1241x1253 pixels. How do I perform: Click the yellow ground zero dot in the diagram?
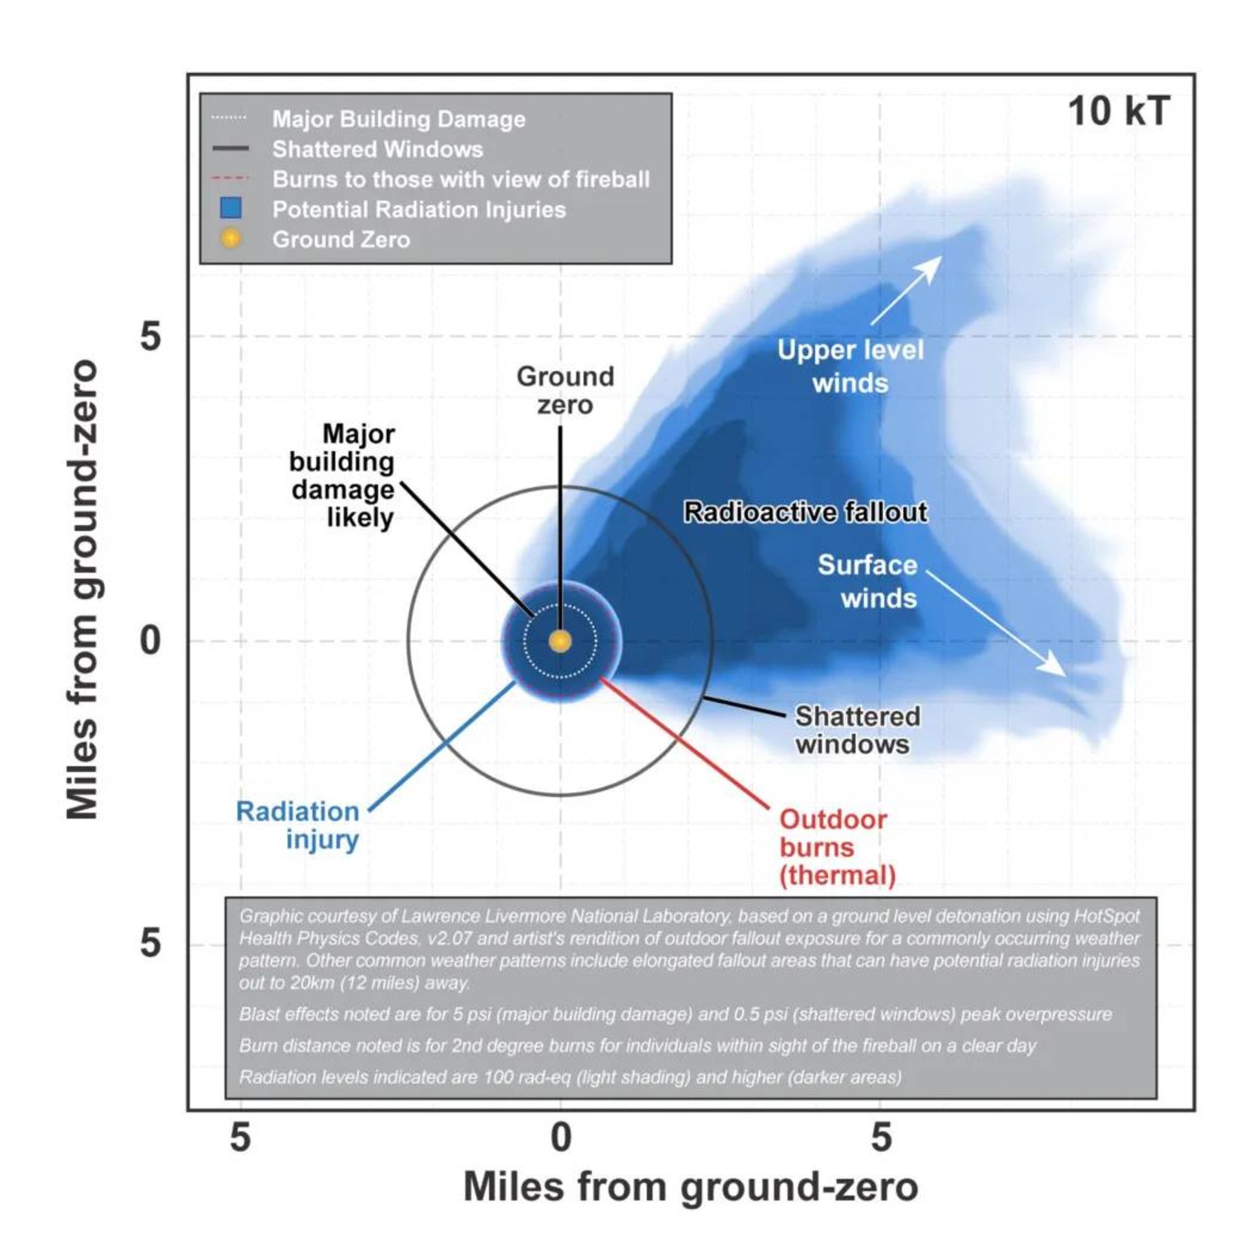(x=560, y=641)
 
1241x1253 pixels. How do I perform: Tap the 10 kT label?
(x=1118, y=112)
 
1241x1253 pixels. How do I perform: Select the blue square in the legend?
(x=231, y=208)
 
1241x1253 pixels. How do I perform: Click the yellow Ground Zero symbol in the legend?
(x=230, y=239)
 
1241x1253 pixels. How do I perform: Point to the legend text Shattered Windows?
(x=377, y=149)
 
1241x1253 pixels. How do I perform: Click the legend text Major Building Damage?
(x=398, y=120)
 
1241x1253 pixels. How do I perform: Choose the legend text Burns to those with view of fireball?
(x=460, y=179)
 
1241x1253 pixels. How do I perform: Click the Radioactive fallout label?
(x=805, y=512)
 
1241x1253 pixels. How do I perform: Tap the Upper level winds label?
(x=850, y=367)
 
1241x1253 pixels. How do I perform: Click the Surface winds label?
(x=867, y=581)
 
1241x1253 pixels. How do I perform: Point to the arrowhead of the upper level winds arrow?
(x=935, y=263)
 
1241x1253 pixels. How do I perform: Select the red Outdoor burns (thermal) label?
(x=837, y=847)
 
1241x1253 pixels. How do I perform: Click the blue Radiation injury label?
(x=297, y=825)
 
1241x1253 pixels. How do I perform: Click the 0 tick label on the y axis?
(x=150, y=641)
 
